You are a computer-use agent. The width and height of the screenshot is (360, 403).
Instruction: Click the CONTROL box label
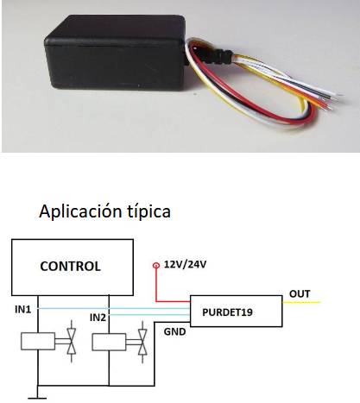pos(71,267)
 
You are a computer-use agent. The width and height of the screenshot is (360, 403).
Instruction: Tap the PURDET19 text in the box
pos(227,312)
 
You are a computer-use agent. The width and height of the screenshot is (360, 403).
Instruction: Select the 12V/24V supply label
pos(185,264)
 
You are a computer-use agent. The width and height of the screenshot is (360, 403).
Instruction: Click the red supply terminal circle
pos(156,265)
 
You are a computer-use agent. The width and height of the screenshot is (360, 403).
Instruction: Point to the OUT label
pos(300,294)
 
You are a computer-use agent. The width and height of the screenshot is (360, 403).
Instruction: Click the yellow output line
pos(301,302)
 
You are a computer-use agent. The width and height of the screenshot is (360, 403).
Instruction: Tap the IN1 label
pos(22,310)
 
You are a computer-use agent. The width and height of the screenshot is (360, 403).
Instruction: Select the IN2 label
pos(98,318)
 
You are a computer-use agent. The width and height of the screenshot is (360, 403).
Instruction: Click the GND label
pos(174,331)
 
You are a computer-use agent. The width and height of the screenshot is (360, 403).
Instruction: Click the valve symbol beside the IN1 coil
pos(72,341)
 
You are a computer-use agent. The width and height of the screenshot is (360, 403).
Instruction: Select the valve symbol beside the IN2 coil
pos(142,342)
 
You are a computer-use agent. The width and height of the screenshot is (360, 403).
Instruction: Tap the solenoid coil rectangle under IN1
pos(38,341)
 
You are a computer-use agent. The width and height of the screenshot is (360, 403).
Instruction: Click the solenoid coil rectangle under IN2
pos(109,342)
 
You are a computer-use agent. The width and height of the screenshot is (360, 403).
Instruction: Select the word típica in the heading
pos(148,212)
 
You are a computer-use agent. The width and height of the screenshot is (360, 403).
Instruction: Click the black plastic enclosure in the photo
pos(115,54)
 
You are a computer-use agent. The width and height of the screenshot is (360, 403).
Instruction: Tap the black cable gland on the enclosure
pos(222,56)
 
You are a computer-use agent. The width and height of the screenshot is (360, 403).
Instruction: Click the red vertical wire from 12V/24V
pos(156,285)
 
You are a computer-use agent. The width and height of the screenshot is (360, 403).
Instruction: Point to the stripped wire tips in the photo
pos(334,101)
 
